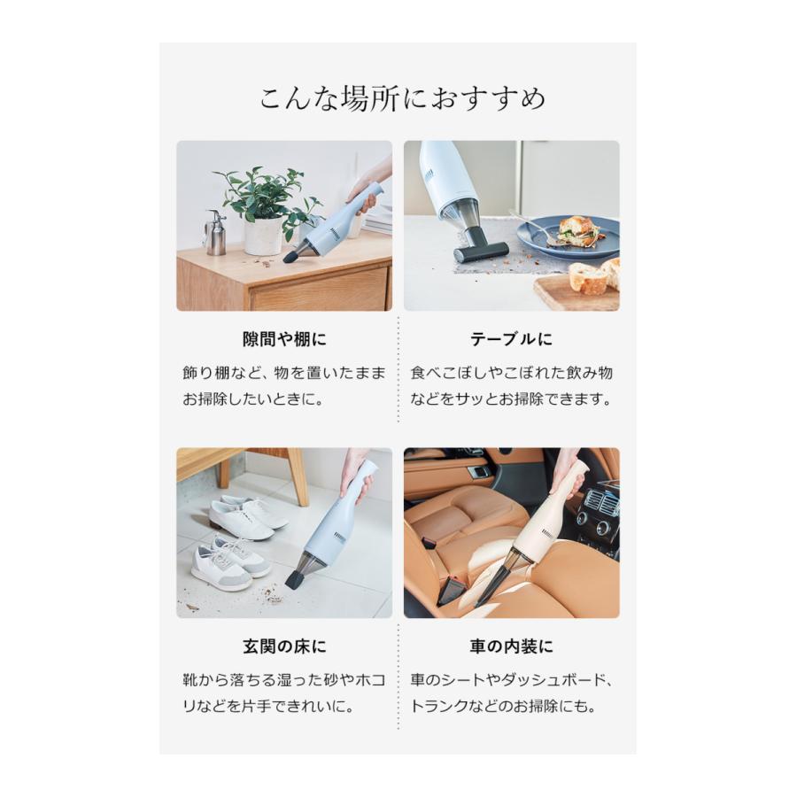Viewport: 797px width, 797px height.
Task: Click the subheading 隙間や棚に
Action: [283, 340]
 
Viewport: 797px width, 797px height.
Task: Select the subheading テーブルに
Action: [512, 340]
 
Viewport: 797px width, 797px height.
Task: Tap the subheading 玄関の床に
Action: [283, 646]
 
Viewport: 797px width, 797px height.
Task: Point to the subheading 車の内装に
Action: [512, 646]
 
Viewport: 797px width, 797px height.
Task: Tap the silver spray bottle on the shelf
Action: [214, 232]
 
